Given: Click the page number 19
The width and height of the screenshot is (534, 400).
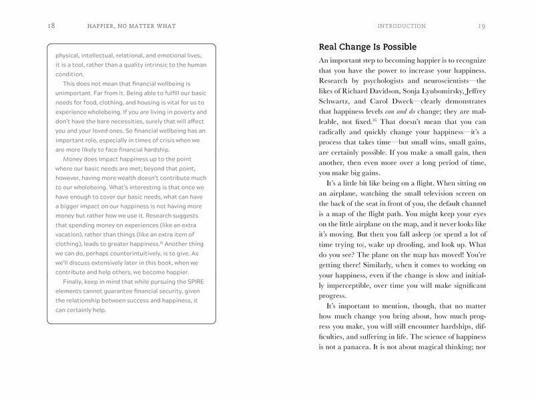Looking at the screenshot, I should point(481,26).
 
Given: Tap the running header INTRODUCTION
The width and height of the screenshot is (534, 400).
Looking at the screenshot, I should point(401,26).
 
